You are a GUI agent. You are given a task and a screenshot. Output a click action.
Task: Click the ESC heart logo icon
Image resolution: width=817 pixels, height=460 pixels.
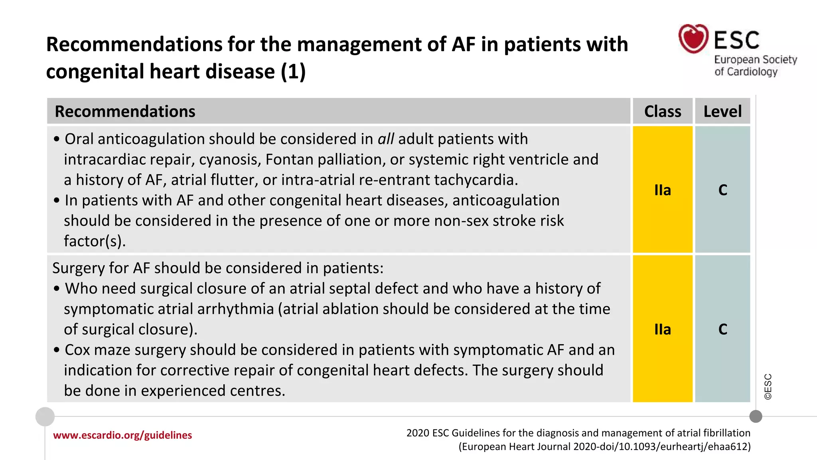[693, 39]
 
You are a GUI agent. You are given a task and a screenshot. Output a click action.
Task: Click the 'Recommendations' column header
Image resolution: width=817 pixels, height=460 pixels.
[125, 111]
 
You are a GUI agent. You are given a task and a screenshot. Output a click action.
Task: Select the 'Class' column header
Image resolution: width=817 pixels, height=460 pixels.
[663, 111]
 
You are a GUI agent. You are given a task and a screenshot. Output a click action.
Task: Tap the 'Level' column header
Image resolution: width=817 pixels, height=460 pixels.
[722, 111]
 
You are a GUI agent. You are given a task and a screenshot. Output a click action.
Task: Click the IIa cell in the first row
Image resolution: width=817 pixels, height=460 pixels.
[663, 190]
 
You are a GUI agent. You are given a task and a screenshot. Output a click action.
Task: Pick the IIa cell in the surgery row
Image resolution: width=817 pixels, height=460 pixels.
[663, 329]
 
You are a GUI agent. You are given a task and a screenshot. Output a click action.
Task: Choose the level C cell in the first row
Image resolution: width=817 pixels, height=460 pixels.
[722, 190]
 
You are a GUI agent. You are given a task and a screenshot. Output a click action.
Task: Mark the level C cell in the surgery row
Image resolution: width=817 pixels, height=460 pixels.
[722, 329]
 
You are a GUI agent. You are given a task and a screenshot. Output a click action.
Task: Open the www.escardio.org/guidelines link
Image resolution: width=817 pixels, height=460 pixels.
[122, 435]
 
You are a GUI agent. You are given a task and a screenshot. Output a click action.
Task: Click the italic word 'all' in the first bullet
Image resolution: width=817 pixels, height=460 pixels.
[386, 139]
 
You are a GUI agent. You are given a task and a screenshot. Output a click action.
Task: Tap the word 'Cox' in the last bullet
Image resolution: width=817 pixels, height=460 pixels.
[77, 350]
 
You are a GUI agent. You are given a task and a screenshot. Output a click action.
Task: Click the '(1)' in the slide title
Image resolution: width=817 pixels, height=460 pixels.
[293, 71]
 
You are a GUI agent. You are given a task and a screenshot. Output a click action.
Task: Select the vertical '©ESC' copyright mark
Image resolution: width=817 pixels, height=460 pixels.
[768, 387]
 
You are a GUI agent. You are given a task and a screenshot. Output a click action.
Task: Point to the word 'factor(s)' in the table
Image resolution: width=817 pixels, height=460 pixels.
[95, 241]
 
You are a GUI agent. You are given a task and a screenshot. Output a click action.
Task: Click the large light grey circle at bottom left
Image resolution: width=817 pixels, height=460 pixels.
[45, 416]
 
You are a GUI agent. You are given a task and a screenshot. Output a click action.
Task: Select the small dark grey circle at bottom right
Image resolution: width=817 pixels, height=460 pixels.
[756, 416]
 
